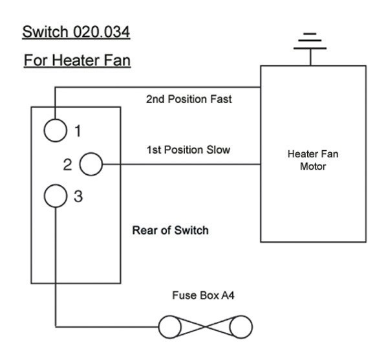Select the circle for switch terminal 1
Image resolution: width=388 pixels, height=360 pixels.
point(56,129)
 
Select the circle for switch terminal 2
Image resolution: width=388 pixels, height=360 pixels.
point(91,164)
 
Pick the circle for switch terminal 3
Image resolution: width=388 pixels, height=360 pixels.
point(56,196)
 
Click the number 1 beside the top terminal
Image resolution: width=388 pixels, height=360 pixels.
point(78,131)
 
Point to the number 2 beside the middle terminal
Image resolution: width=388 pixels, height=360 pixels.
point(67,165)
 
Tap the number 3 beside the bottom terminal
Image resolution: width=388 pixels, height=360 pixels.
point(78,197)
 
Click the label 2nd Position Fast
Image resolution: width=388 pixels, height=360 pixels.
point(189,100)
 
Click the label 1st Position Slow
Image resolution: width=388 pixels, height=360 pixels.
point(188,150)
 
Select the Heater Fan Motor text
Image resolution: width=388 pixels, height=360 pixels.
point(312,160)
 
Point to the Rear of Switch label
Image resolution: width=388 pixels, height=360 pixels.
point(170,231)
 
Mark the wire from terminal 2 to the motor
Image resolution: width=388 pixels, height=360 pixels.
point(181,164)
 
